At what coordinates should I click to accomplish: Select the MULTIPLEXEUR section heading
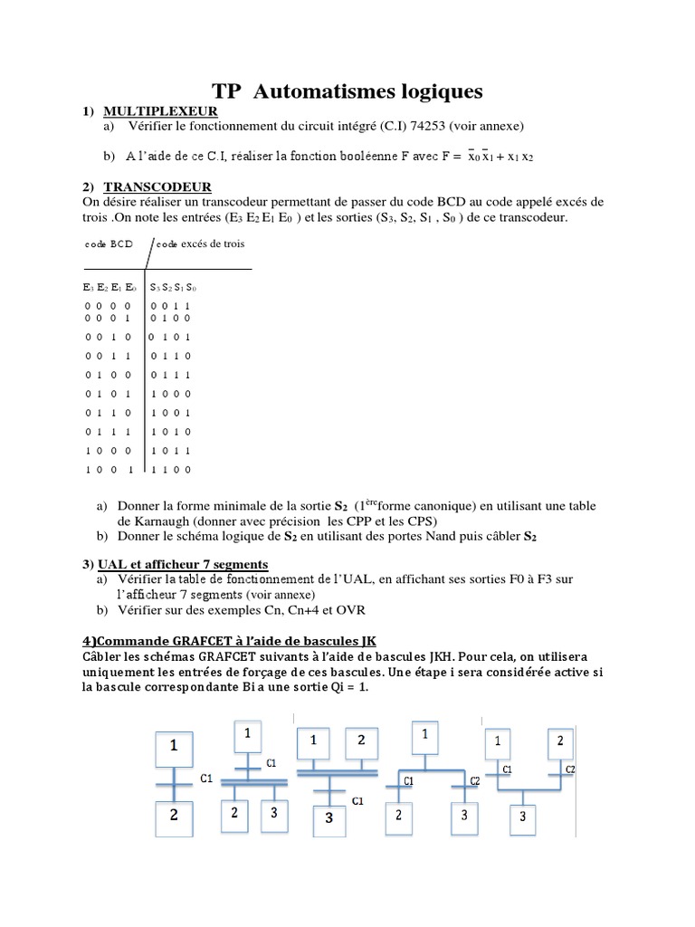(160, 110)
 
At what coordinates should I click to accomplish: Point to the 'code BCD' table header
(109, 244)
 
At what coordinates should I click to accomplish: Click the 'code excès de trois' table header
(200, 244)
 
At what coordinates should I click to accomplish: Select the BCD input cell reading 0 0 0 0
(108, 306)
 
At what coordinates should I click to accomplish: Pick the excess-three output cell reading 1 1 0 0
(171, 469)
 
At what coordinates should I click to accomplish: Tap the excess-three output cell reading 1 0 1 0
(171, 433)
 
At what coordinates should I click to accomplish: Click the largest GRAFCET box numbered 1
(176, 747)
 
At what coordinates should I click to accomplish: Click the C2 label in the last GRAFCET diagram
(570, 770)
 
